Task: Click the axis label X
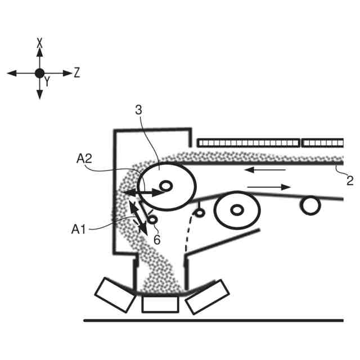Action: [x=39, y=42]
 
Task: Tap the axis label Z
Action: [x=77, y=72]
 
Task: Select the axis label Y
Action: [x=47, y=82]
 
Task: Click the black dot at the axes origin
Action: [x=39, y=73]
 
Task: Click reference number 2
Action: [x=349, y=180]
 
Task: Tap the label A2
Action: [x=84, y=159]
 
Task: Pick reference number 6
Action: [x=157, y=239]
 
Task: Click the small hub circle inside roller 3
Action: [x=165, y=185]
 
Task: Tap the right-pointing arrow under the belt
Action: [x=269, y=187]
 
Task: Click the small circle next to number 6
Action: [x=151, y=219]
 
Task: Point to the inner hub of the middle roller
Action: [x=237, y=210]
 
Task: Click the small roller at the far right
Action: [x=310, y=206]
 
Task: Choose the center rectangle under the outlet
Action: [x=160, y=304]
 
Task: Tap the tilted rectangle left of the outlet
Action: [x=115, y=295]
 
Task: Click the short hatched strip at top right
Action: [x=323, y=143]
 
